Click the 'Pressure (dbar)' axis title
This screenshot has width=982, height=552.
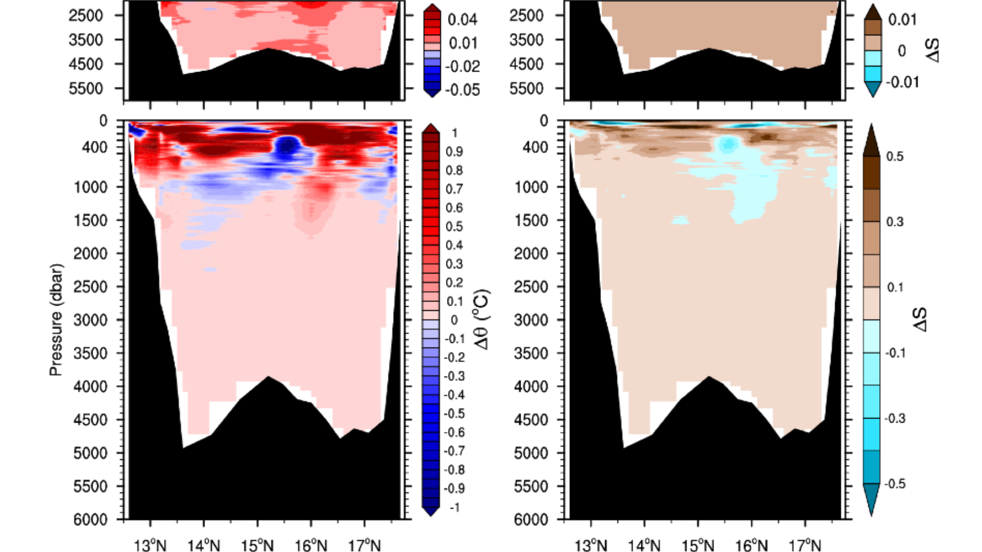coord(56,320)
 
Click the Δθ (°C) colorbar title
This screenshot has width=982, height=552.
coord(482,320)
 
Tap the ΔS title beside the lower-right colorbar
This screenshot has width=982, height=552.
coord(921,320)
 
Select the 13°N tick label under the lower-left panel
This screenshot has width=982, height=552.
coord(150,545)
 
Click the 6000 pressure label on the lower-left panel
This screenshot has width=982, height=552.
coord(91,519)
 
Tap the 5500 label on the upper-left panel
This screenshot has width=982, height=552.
coord(85,88)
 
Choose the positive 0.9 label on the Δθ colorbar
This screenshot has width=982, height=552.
coord(454,152)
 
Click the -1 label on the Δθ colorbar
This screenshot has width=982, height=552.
coord(454,507)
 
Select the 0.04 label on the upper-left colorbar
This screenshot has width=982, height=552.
coord(462,19)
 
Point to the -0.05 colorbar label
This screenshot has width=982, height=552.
coord(462,90)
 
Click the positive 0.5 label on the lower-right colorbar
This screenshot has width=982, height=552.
coord(895,156)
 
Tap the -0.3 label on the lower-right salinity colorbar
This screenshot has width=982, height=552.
coord(895,419)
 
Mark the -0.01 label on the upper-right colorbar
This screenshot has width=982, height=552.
coord(903,82)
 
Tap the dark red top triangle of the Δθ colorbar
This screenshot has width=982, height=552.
coord(431,128)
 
